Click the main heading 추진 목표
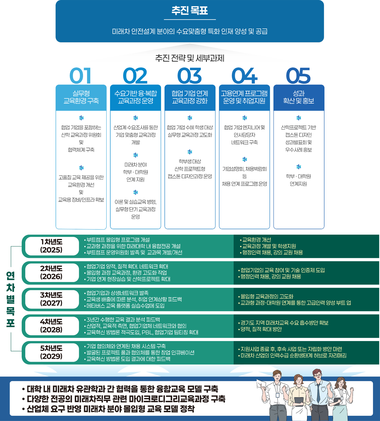pyautogui.click(x=189, y=11)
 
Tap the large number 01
pyautogui.click(x=80, y=76)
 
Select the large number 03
pyautogui.click(x=189, y=76)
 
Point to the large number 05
pyautogui.click(x=298, y=76)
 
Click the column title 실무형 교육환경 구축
pyautogui.click(x=81, y=97)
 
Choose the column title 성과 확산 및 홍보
pyautogui.click(x=299, y=97)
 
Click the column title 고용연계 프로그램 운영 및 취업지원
pyautogui.click(x=244, y=97)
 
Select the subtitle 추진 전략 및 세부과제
pyautogui.click(x=189, y=58)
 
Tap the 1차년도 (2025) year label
pyautogui.click(x=51, y=246)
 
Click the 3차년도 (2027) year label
pyautogui.click(x=51, y=299)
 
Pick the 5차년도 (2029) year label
pyautogui.click(x=51, y=352)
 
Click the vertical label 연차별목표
pyautogui.click(x=10, y=299)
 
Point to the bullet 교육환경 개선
pyautogui.click(x=256, y=240)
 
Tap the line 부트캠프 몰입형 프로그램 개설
pyautogui.click(x=118, y=240)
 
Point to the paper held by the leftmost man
pyautogui.click(x=262, y=385)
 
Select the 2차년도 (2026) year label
pyautogui.click(x=51, y=273)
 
